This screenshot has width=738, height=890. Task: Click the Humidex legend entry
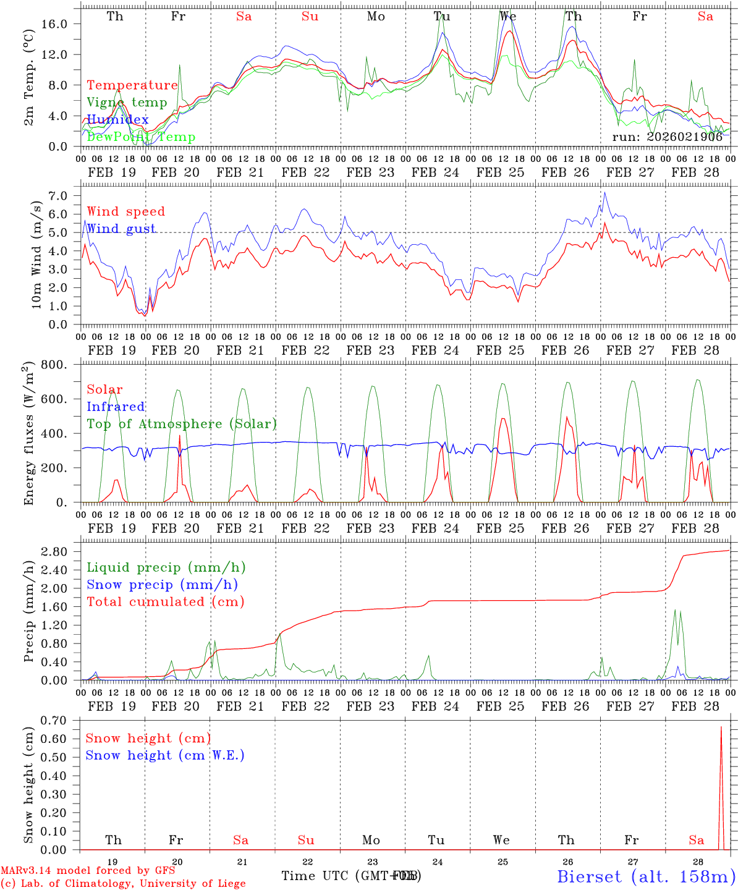(x=117, y=120)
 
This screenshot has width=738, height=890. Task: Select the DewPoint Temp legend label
(x=141, y=137)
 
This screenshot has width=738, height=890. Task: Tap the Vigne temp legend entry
(x=127, y=103)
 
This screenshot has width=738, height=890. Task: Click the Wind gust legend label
(x=121, y=229)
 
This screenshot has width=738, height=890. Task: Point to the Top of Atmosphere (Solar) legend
(x=182, y=424)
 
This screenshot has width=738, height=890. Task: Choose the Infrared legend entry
(x=116, y=407)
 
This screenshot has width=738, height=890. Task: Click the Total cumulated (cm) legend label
(x=166, y=602)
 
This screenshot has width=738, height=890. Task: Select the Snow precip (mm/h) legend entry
(x=163, y=585)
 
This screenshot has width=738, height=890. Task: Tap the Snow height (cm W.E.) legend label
(x=165, y=755)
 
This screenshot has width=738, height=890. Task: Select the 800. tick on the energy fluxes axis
(x=54, y=365)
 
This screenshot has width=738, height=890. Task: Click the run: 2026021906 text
(x=668, y=137)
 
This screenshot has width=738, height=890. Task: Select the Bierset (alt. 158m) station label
(x=646, y=876)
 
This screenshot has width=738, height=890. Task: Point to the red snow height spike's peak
(x=721, y=727)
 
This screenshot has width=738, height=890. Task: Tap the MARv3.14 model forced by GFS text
(x=88, y=871)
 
